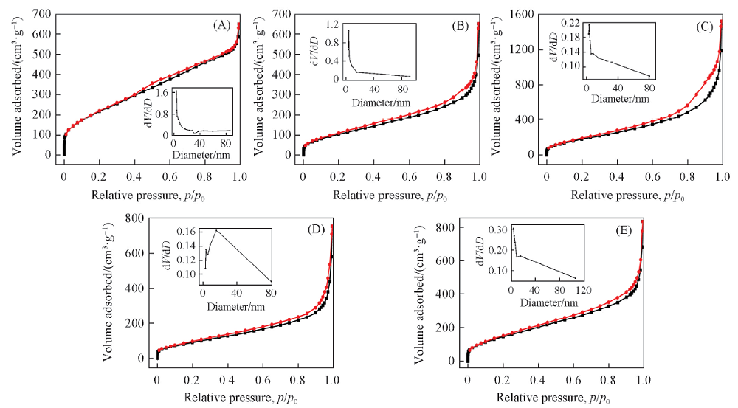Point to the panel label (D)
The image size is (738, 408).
(315, 229)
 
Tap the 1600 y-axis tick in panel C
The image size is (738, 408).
(525, 14)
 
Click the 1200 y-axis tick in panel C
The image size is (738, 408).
(525, 49)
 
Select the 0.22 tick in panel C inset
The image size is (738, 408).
(571, 24)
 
